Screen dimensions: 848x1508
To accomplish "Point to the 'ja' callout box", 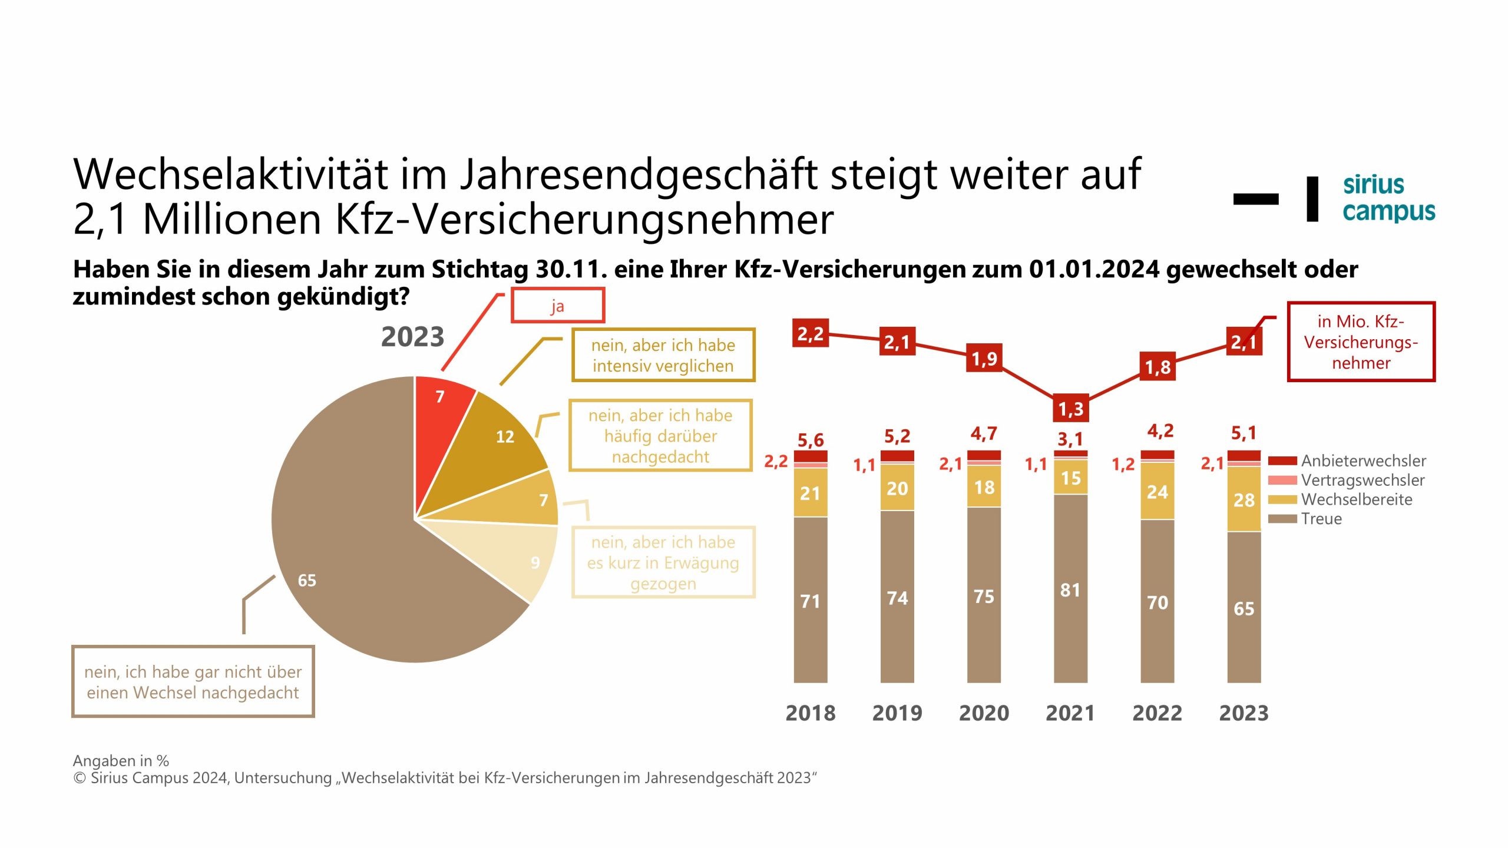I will (x=557, y=305).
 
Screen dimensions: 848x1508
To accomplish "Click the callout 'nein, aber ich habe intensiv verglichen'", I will (x=663, y=355).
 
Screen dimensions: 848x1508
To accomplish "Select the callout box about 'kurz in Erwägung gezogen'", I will (x=663, y=562).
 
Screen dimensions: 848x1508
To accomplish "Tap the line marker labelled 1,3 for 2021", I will (x=1070, y=408).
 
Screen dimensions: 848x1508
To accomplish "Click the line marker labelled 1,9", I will (x=984, y=358).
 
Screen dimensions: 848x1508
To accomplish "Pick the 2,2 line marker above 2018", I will (x=811, y=333).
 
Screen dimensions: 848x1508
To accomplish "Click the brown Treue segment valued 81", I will (x=1070, y=589).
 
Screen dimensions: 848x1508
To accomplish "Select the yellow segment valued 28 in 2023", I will (x=1244, y=499).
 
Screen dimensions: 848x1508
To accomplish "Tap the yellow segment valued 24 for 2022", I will (x=1158, y=491).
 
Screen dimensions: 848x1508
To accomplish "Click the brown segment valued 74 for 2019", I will (x=897, y=597).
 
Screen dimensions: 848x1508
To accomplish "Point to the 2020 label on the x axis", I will (x=984, y=713).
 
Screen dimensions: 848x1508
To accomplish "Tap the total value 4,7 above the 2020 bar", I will (x=984, y=434).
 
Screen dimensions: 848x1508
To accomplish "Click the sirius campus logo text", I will (x=1388, y=198).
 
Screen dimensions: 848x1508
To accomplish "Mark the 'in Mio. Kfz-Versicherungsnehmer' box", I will (x=1361, y=342).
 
